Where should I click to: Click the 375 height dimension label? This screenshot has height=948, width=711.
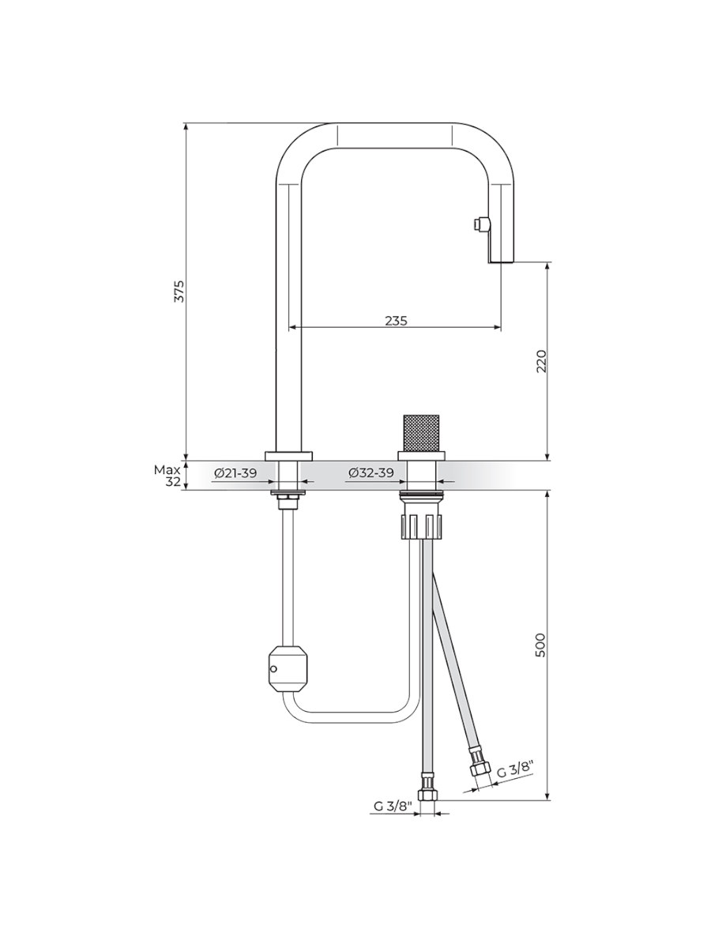click(x=179, y=291)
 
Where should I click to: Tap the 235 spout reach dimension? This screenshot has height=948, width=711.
click(x=396, y=321)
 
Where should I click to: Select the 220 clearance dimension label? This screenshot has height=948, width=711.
click(x=541, y=360)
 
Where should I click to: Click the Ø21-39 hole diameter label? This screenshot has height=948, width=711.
click(x=235, y=473)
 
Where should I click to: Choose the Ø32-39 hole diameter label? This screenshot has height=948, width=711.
click(x=371, y=473)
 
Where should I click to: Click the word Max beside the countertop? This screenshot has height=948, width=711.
click(x=167, y=470)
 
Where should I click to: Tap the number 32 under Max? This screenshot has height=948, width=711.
click(x=173, y=482)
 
